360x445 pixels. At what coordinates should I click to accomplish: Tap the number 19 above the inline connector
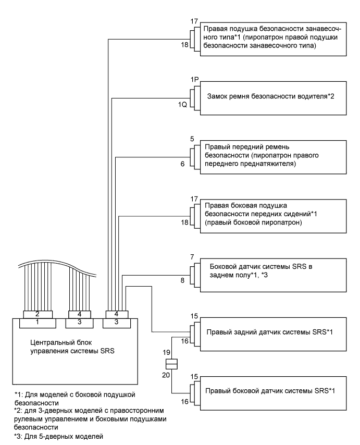[x=167, y=353]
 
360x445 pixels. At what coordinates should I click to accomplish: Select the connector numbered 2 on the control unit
[x=38, y=314]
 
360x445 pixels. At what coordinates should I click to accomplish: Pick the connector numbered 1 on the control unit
[x=38, y=323]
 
